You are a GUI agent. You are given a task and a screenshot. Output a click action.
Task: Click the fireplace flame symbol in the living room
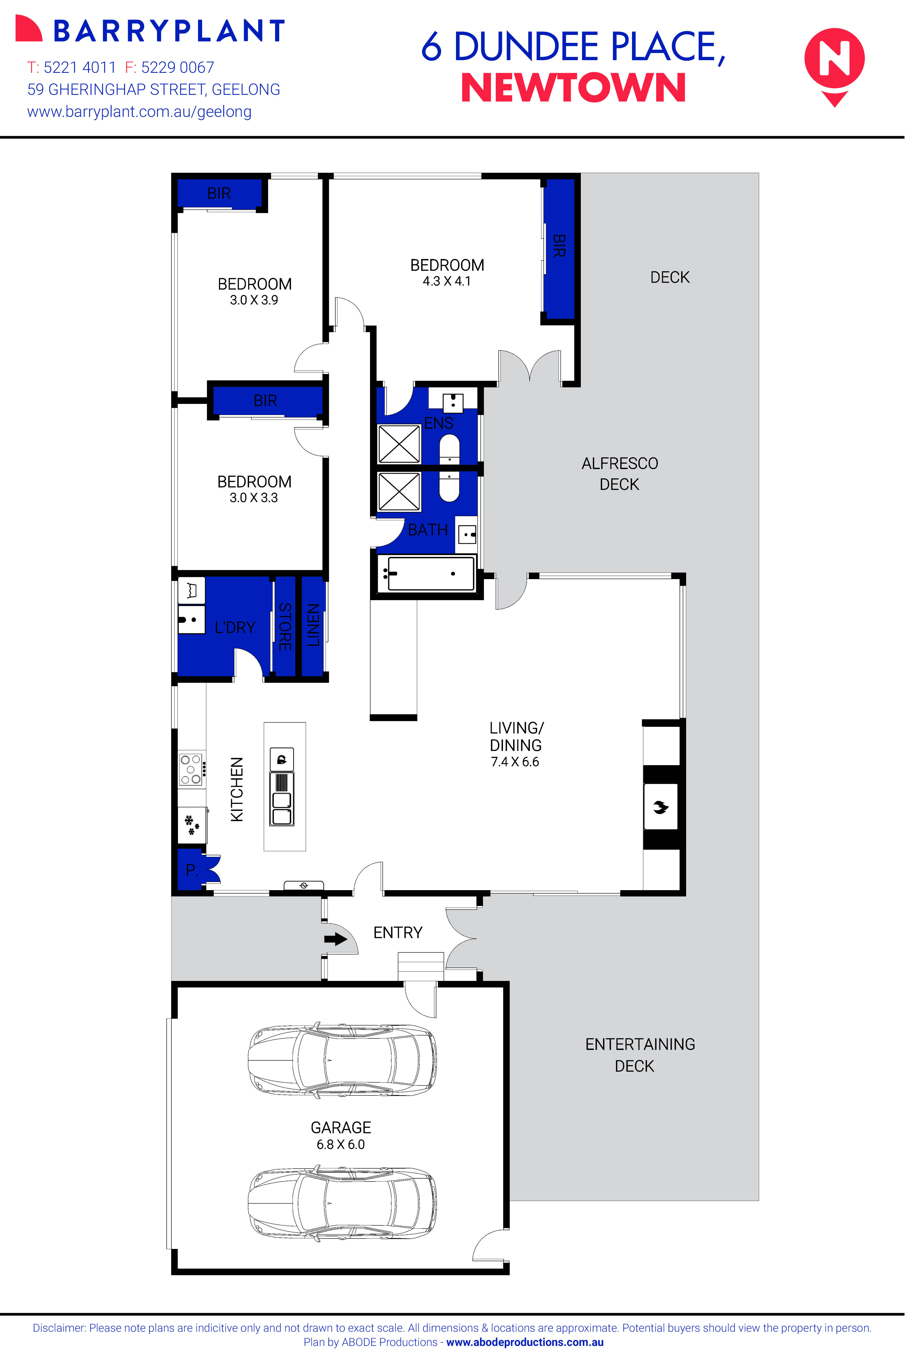click(660, 807)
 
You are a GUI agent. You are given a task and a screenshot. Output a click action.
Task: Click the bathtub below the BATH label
click(430, 573)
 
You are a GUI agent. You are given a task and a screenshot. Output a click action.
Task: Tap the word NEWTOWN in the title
click(573, 88)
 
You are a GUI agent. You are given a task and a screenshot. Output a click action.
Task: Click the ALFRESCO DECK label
click(619, 474)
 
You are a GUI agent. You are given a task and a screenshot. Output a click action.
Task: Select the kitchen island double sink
click(282, 808)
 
